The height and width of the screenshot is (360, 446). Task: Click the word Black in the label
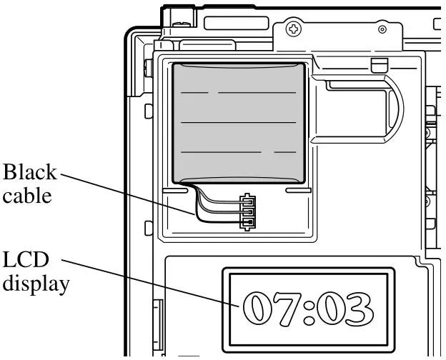click(31, 173)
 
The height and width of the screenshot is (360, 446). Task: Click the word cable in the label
click(26, 196)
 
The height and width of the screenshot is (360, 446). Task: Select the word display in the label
click(36, 284)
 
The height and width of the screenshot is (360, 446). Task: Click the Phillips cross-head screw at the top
click(292, 29)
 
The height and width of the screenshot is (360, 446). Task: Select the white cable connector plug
click(247, 211)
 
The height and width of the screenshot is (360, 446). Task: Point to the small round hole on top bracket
click(382, 29)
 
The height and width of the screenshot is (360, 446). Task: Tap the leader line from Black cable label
click(129, 193)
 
